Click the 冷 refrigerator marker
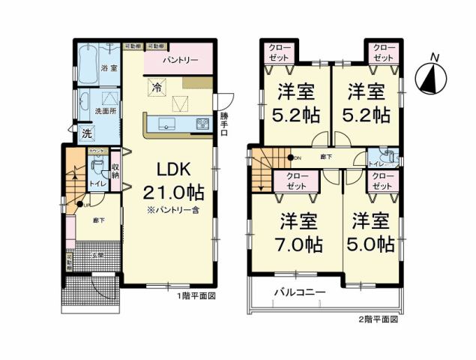click(157, 88)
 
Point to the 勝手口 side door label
click(223, 124)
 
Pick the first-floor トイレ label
click(95, 182)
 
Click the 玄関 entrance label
click(97, 256)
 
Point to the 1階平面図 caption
click(197, 297)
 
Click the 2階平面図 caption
click(379, 319)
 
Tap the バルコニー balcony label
click(298, 292)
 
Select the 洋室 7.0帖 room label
click(299, 232)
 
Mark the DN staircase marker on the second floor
click(292, 157)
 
